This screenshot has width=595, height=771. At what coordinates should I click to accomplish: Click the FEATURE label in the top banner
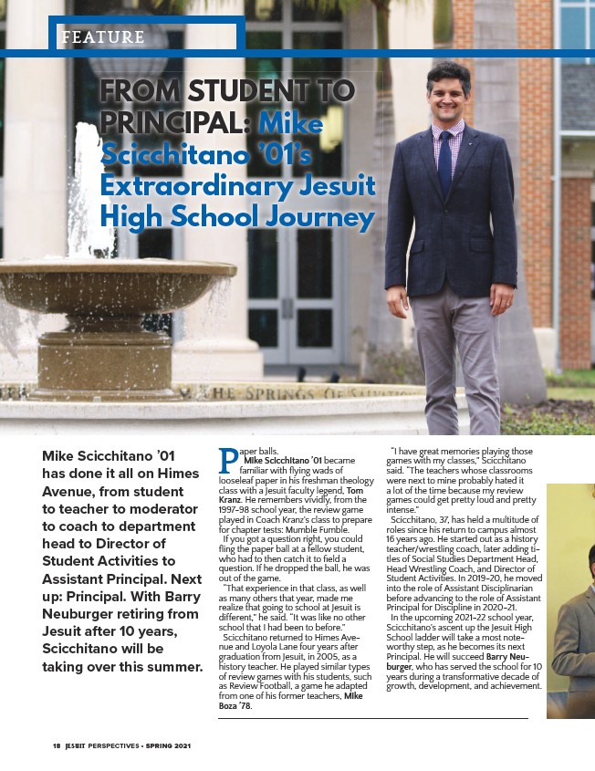point(101,37)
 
